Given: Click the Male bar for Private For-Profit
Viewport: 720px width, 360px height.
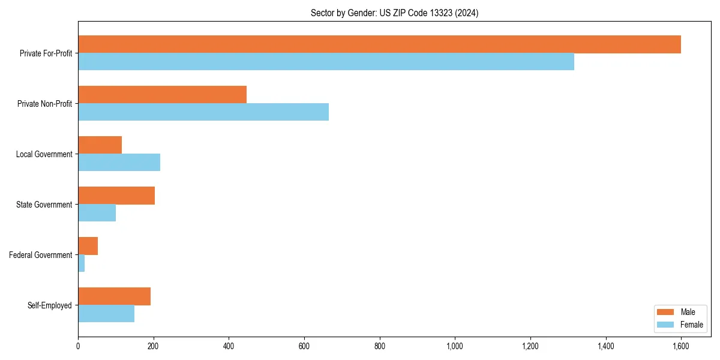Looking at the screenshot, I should [x=379, y=44].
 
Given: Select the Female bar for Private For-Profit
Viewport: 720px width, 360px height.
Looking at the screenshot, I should [x=326, y=62].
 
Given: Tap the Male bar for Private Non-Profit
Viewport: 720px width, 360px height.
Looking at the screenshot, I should [x=162, y=95].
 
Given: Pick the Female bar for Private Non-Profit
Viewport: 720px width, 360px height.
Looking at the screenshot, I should [x=203, y=112].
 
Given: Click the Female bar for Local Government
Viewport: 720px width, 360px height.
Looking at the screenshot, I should [x=119, y=163].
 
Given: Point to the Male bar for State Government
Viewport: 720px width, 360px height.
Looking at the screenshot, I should [x=116, y=196].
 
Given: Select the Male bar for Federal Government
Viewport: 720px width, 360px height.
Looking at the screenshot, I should [x=88, y=246].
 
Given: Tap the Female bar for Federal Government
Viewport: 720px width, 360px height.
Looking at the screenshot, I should [x=82, y=263].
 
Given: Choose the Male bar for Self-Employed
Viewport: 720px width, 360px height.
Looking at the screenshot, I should [x=114, y=296].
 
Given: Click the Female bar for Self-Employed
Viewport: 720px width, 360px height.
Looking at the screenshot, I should [x=106, y=314].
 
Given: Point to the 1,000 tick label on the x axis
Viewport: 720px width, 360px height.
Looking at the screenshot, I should [x=455, y=346].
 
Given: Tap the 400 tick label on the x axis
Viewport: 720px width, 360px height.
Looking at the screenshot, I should [x=229, y=346].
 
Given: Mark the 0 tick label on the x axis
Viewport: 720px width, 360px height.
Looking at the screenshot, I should [x=78, y=346].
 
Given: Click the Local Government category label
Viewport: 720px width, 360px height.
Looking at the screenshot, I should [x=44, y=154].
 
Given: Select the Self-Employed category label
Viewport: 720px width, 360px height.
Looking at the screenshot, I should [x=50, y=305].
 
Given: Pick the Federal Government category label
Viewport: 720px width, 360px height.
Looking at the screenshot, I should [x=41, y=255].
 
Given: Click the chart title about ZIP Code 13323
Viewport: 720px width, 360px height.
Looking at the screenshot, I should [x=394, y=13].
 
